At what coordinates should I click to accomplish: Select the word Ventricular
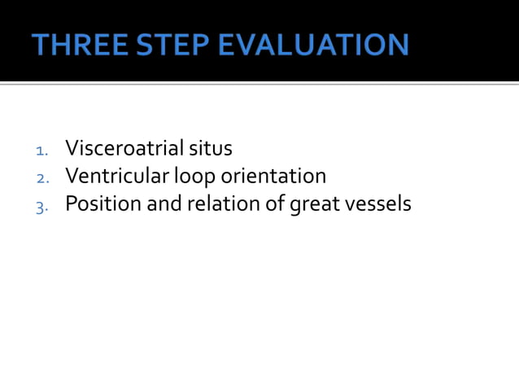[x=113, y=176]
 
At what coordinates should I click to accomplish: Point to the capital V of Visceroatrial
[x=72, y=149]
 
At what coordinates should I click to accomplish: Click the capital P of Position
[x=71, y=203]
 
